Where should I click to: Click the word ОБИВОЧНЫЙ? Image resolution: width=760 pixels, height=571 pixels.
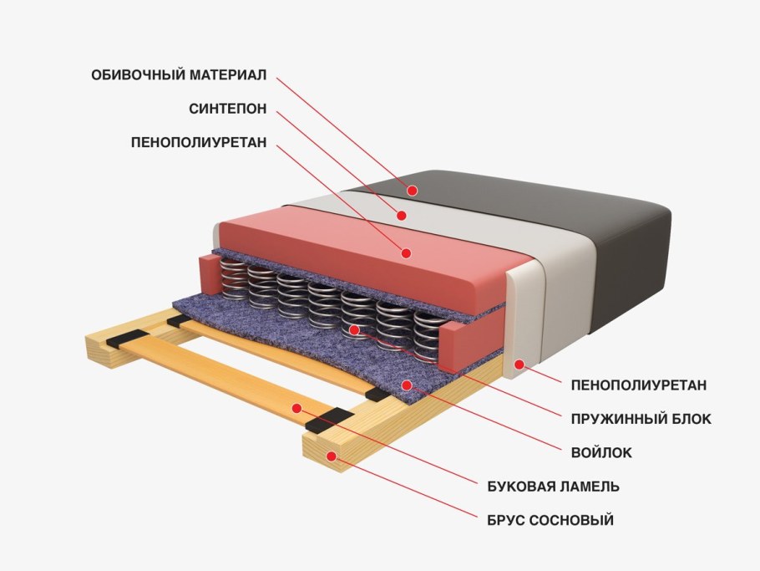pos(135,75)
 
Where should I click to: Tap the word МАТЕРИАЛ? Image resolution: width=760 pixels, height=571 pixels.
pos(225,75)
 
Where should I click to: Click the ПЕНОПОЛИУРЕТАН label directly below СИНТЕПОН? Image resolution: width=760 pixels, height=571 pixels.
pos(199,143)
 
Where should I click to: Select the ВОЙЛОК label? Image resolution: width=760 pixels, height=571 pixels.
pos(601,452)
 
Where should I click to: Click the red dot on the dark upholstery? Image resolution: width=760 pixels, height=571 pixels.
pos(412,191)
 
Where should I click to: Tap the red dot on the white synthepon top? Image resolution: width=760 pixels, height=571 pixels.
pos(402,215)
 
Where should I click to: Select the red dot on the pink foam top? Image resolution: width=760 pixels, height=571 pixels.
pos(407,252)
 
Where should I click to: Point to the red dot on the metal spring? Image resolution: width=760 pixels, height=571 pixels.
pos(355,329)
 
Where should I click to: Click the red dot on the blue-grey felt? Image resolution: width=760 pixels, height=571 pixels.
pos(407,385)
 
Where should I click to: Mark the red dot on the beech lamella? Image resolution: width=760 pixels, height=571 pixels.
pos(296,407)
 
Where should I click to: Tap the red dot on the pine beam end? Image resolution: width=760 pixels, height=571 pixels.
pos(332,456)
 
